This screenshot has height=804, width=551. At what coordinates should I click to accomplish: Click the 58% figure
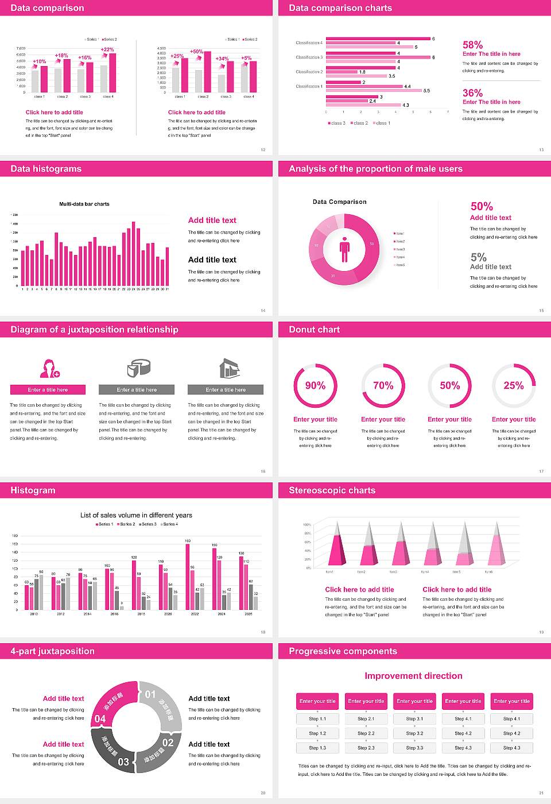(x=472, y=45)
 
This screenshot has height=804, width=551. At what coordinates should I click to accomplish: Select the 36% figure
(x=472, y=93)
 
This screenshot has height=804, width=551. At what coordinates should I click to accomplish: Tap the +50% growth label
(x=196, y=52)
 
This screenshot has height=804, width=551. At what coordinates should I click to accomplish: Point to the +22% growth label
(x=107, y=49)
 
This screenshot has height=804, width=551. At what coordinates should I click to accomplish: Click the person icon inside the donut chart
(x=344, y=249)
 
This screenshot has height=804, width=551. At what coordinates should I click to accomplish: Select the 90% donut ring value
(x=315, y=385)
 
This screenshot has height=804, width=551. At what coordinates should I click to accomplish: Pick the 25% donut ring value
(x=514, y=385)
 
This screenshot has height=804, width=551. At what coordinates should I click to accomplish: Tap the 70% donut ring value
(x=383, y=385)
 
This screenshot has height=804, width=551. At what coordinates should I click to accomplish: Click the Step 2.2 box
(x=366, y=733)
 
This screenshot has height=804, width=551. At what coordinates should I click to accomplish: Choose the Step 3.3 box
(x=414, y=748)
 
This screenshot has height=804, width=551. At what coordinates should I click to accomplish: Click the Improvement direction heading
(x=413, y=676)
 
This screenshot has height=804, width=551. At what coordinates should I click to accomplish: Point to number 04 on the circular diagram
(x=100, y=718)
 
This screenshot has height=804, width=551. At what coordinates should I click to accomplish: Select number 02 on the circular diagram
(x=168, y=743)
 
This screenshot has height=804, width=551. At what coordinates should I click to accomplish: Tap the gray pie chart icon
(x=138, y=368)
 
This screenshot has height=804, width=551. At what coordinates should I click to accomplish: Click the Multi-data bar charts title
(x=84, y=204)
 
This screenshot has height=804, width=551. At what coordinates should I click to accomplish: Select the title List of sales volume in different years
(x=136, y=515)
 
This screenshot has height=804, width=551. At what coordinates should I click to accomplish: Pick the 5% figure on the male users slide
(x=478, y=257)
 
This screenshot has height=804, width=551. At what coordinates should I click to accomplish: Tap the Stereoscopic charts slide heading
(x=332, y=490)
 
